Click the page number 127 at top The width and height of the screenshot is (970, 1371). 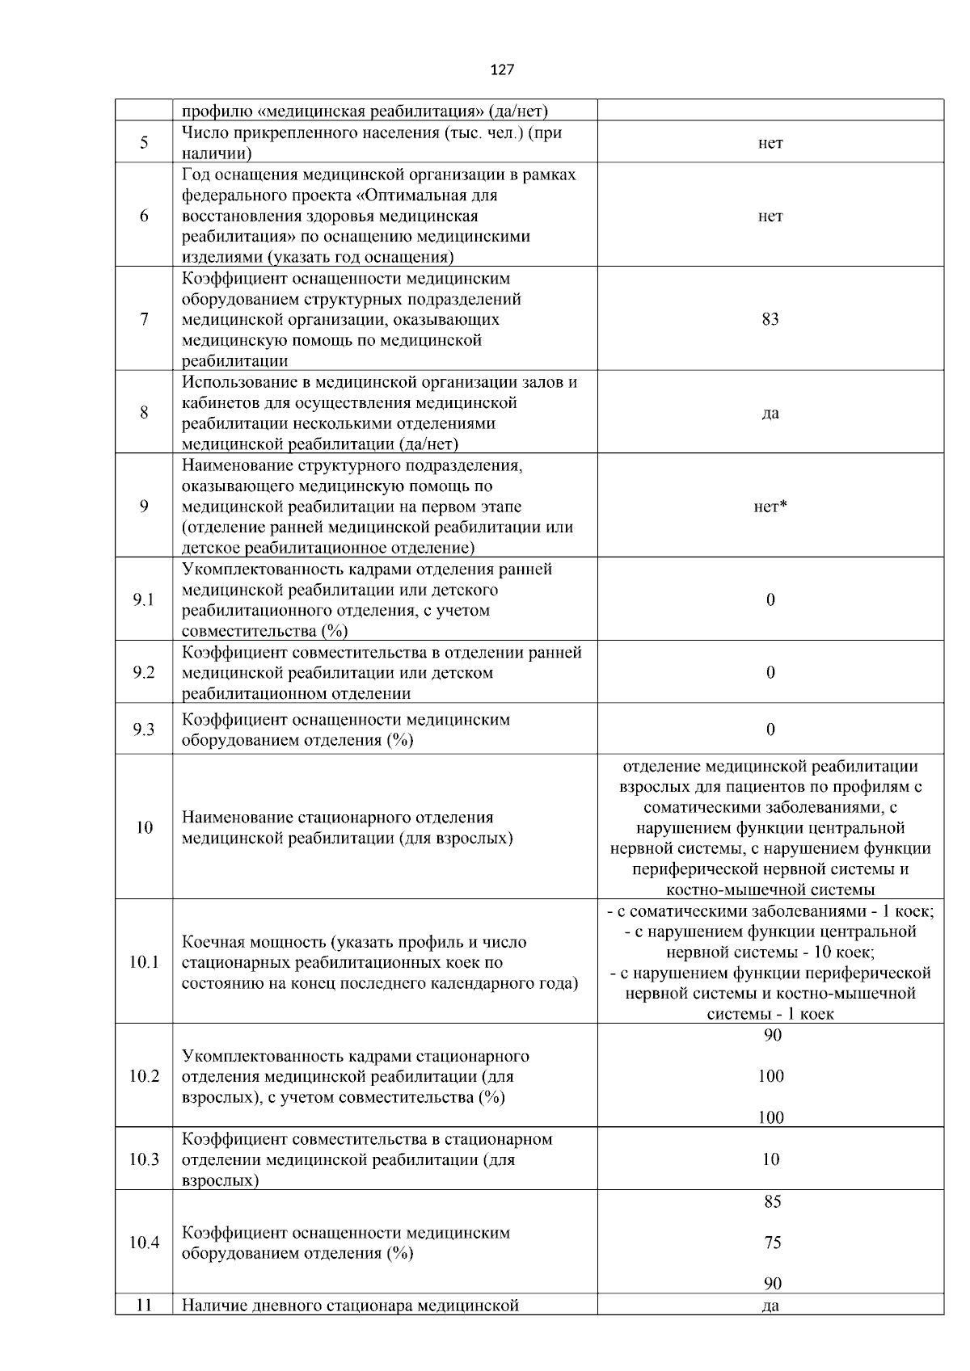point(502,70)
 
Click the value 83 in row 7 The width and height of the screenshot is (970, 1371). point(770,319)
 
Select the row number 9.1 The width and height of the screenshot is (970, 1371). point(144,599)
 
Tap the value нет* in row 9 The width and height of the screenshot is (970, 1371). point(770,507)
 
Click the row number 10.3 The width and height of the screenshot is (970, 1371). point(144,1159)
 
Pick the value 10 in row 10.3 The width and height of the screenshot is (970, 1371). point(770,1159)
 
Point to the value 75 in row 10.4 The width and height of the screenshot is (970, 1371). point(772,1243)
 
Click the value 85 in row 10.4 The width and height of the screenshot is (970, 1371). point(772,1202)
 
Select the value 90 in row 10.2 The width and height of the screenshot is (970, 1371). point(772,1035)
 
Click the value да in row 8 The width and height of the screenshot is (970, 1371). point(770,414)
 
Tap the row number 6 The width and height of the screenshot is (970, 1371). point(144,216)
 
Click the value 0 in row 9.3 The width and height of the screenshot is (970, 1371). point(770,730)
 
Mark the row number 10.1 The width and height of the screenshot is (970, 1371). point(144,962)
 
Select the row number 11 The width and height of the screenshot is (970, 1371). point(144,1305)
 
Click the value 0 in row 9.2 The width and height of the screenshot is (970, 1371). point(770,672)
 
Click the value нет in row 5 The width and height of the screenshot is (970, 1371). point(770,143)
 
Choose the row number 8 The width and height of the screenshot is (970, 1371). point(144,413)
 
